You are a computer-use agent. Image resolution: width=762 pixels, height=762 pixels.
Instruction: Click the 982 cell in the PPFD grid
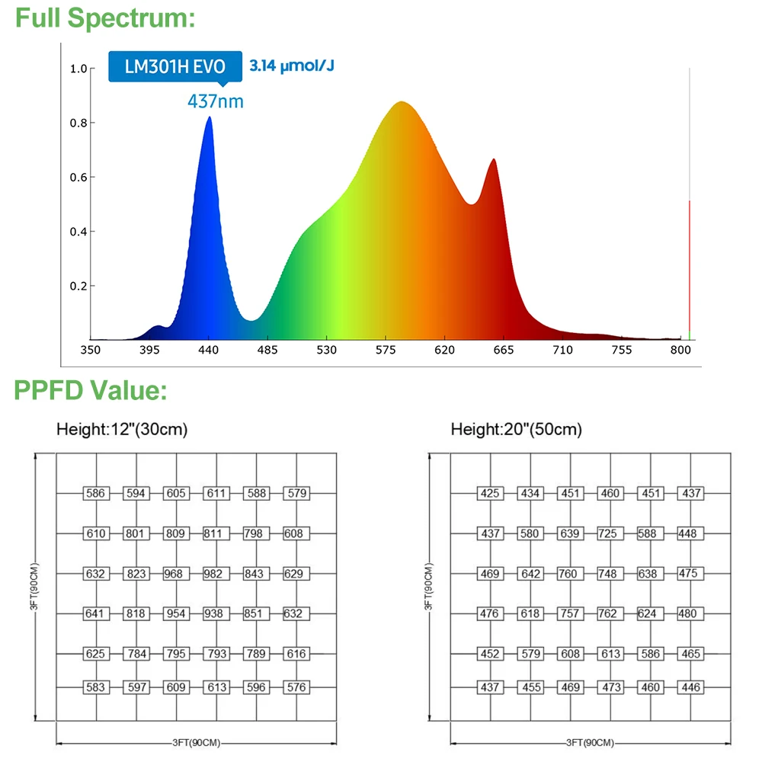(x=216, y=573)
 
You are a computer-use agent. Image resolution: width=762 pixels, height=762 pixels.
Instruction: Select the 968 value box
(x=176, y=573)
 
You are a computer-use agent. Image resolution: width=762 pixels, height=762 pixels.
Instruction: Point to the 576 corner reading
(x=296, y=687)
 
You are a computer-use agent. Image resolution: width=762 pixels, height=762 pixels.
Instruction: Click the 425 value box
(x=490, y=493)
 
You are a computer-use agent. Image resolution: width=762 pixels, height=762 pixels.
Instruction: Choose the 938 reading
(x=216, y=613)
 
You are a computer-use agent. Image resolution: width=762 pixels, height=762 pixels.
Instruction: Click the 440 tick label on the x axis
(x=208, y=350)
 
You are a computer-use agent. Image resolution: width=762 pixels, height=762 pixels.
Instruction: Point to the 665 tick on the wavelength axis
(x=503, y=350)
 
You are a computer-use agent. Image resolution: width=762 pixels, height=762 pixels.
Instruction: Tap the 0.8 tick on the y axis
(x=78, y=123)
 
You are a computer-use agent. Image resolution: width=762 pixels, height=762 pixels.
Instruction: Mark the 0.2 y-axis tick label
(x=78, y=287)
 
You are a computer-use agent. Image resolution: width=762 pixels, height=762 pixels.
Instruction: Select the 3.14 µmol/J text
(x=292, y=66)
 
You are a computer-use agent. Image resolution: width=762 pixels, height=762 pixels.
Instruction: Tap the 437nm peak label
(x=216, y=101)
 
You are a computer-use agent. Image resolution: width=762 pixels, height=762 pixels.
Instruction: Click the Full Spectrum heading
(x=105, y=18)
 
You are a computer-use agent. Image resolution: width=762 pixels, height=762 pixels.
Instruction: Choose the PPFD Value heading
(x=91, y=391)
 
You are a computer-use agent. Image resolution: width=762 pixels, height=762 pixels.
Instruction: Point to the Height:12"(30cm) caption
(x=122, y=430)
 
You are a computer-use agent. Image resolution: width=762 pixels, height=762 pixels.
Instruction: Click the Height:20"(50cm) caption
(x=516, y=430)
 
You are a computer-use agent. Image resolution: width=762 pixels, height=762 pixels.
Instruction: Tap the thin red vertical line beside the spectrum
(x=690, y=267)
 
